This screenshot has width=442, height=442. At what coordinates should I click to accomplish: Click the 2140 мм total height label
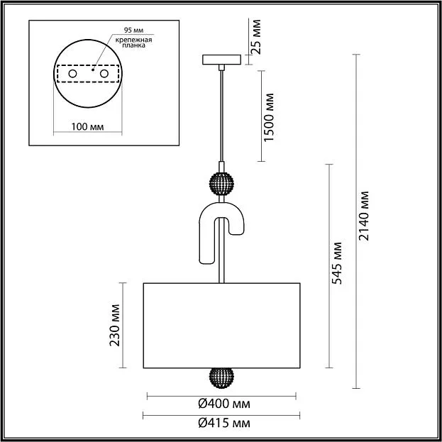click(x=363, y=216)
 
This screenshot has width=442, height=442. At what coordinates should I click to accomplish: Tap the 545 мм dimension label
click(x=337, y=263)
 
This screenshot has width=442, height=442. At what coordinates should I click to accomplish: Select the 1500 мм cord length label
click(x=269, y=117)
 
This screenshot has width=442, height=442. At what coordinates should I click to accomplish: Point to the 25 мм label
click(x=256, y=37)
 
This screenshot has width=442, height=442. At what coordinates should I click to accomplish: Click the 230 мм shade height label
click(x=115, y=325)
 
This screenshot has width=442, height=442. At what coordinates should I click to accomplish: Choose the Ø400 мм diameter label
click(x=224, y=404)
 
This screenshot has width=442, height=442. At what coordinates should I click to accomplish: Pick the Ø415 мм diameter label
click(x=224, y=423)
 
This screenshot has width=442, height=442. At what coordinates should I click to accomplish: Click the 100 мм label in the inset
click(x=88, y=127)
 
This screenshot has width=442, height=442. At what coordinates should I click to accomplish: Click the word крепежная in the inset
click(x=133, y=40)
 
